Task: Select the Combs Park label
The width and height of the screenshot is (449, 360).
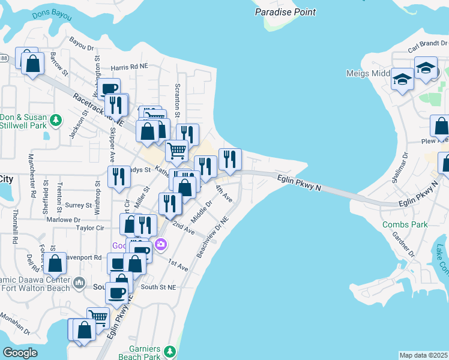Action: tap(405, 224)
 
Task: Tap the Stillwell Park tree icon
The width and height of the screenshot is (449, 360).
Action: tap(56, 121)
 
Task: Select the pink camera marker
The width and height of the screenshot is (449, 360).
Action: tap(160, 244)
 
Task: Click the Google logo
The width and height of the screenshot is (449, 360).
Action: tap(20, 352)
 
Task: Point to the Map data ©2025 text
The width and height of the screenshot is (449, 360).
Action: tap(423, 355)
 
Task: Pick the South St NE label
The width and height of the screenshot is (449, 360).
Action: tap(158, 287)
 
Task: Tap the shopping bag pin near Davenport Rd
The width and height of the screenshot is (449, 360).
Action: tap(55, 263)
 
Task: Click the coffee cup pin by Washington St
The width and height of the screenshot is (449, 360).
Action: tap(109, 89)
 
